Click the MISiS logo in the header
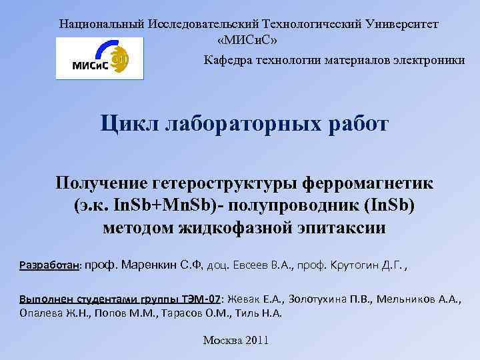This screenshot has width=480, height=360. [x=99, y=58]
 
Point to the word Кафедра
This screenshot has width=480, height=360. [x=227, y=60]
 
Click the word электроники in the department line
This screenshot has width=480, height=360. [x=428, y=60]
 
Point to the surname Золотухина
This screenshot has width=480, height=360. [x=307, y=299]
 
